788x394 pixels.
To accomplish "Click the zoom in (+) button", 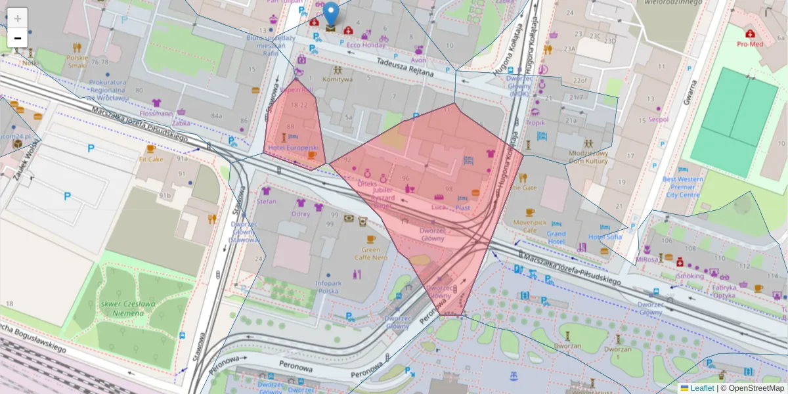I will click(18, 18).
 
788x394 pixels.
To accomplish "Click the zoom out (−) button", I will click(18, 38).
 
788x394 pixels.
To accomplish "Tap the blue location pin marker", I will click(332, 14).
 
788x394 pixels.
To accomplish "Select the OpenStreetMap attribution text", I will click(752, 388).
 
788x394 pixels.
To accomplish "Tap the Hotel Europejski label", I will click(293, 148).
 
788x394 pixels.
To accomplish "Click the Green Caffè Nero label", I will click(371, 253).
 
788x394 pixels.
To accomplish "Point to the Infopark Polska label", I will click(327, 287).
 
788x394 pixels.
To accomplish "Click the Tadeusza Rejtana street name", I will click(405, 67).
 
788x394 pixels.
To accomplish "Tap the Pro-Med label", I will click(750, 44).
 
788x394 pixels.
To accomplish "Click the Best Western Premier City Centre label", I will click(682, 186).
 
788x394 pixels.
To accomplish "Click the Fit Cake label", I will click(150, 159).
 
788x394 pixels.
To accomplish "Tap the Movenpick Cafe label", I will click(530, 226).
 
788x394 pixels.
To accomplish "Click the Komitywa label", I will click(337, 79).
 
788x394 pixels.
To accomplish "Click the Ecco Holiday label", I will click(366, 45).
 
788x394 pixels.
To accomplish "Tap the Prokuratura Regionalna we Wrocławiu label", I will click(107, 90).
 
